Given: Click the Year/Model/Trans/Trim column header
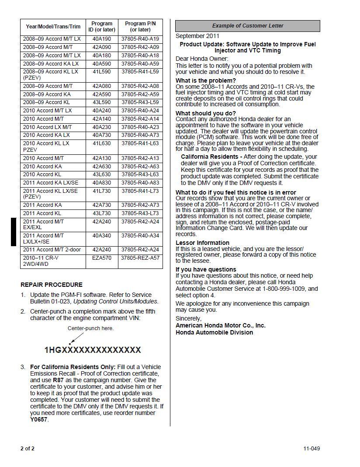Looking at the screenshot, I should (x=53, y=27).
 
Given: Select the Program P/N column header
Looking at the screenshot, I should (x=140, y=27).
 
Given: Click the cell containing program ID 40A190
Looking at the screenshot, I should (x=102, y=39).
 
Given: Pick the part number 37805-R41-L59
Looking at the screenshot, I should (x=140, y=72).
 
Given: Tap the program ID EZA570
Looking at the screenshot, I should (x=102, y=258).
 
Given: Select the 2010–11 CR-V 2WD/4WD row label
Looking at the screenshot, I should (x=41, y=261).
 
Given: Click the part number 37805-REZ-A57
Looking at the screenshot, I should (x=140, y=258).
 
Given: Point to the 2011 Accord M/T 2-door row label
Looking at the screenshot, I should (x=52, y=250).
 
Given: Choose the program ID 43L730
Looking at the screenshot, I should (x=102, y=213).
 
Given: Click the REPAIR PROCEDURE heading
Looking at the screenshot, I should (x=52, y=285).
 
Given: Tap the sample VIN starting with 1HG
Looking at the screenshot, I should (x=93, y=350).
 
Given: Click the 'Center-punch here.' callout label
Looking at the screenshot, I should (x=90, y=328).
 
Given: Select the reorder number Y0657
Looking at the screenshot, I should (x=39, y=420).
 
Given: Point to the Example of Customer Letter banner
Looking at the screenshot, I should (x=248, y=26).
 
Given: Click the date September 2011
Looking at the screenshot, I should (x=197, y=36).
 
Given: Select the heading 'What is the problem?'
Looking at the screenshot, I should (x=205, y=80).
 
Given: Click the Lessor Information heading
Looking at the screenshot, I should (x=202, y=243).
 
